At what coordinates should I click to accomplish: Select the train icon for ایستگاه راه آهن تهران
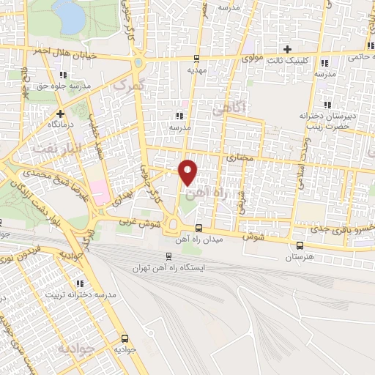(169, 256)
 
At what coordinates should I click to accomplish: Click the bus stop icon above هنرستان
(299, 245)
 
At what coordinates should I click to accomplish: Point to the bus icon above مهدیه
(196, 59)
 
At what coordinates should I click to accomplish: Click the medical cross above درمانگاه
(60, 114)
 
